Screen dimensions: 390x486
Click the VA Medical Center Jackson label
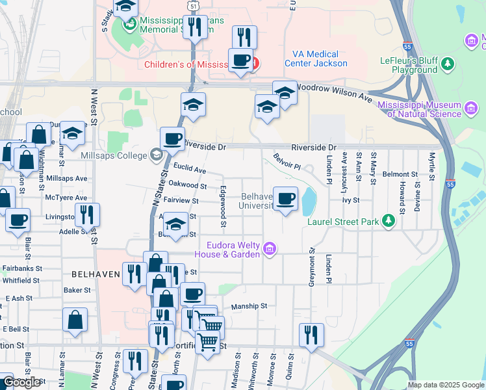pyautogui.click(x=316, y=59)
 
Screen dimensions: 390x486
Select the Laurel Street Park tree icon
pyautogui.click(x=389, y=222)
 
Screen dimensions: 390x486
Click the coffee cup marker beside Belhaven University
pyautogui.click(x=285, y=198)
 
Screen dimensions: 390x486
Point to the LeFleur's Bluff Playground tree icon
pyautogui.click(x=447, y=63)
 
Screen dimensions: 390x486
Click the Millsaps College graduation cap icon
pyautogui.click(x=156, y=155)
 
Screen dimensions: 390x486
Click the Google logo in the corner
pyautogui.click(x=22, y=382)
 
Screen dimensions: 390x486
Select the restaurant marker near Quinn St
pyautogui.click(x=311, y=335)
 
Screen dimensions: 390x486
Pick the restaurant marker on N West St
pyautogui.click(x=86, y=215)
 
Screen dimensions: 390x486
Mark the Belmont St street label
pyautogui.click(x=400, y=174)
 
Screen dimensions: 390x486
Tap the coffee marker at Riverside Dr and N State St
pyautogui.click(x=172, y=138)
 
